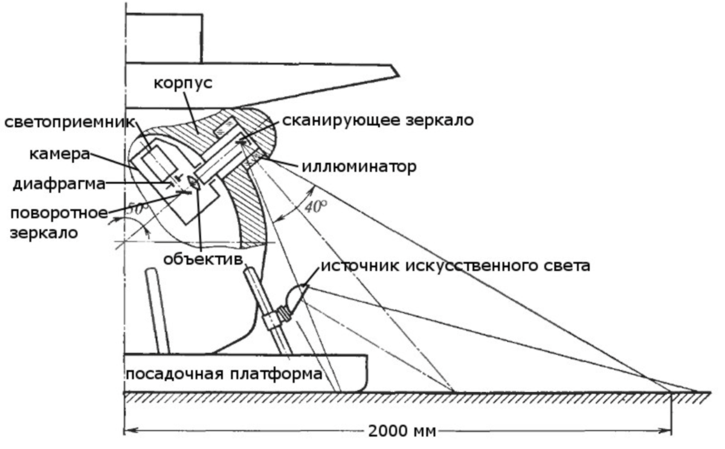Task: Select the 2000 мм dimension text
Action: (402, 431)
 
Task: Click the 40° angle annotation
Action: (314, 206)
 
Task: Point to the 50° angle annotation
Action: (138, 208)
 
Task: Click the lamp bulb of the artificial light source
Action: (296, 297)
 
